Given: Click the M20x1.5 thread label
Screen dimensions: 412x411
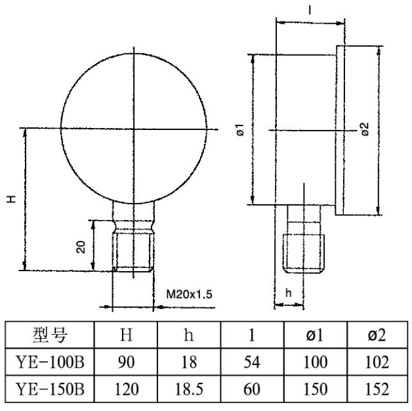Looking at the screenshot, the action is point(189,294).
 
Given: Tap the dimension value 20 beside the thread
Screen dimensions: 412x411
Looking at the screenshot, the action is point(81,247).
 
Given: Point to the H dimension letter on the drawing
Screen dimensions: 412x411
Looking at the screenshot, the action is point(11,199).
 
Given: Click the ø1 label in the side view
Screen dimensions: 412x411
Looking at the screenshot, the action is point(240,129).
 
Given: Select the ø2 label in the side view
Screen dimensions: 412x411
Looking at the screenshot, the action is point(365,129).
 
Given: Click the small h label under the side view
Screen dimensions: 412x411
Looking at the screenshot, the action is point(289,293).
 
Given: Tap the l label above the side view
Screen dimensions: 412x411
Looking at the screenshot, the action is point(310,11).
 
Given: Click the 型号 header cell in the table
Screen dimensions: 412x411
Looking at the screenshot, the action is point(50,335).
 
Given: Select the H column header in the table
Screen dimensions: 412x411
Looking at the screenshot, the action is point(126,335).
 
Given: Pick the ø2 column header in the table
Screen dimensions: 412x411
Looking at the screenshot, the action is point(377,335).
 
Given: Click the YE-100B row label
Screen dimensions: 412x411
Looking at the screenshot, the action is point(50,362).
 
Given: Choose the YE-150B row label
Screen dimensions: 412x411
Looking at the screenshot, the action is point(50,389).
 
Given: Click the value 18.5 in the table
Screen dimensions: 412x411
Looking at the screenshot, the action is point(189,389).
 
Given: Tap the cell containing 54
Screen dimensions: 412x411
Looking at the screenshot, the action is point(252,362).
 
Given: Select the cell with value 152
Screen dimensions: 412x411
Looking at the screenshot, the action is point(377,389).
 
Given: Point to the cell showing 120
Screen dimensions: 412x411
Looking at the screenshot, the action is point(127,389).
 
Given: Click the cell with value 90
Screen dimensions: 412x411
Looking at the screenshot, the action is point(126,362).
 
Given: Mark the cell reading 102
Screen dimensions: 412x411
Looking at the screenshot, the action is point(377,362).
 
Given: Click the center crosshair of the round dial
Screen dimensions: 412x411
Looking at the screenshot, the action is point(134,129).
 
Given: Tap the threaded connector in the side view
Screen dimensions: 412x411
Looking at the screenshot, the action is point(304,253).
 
